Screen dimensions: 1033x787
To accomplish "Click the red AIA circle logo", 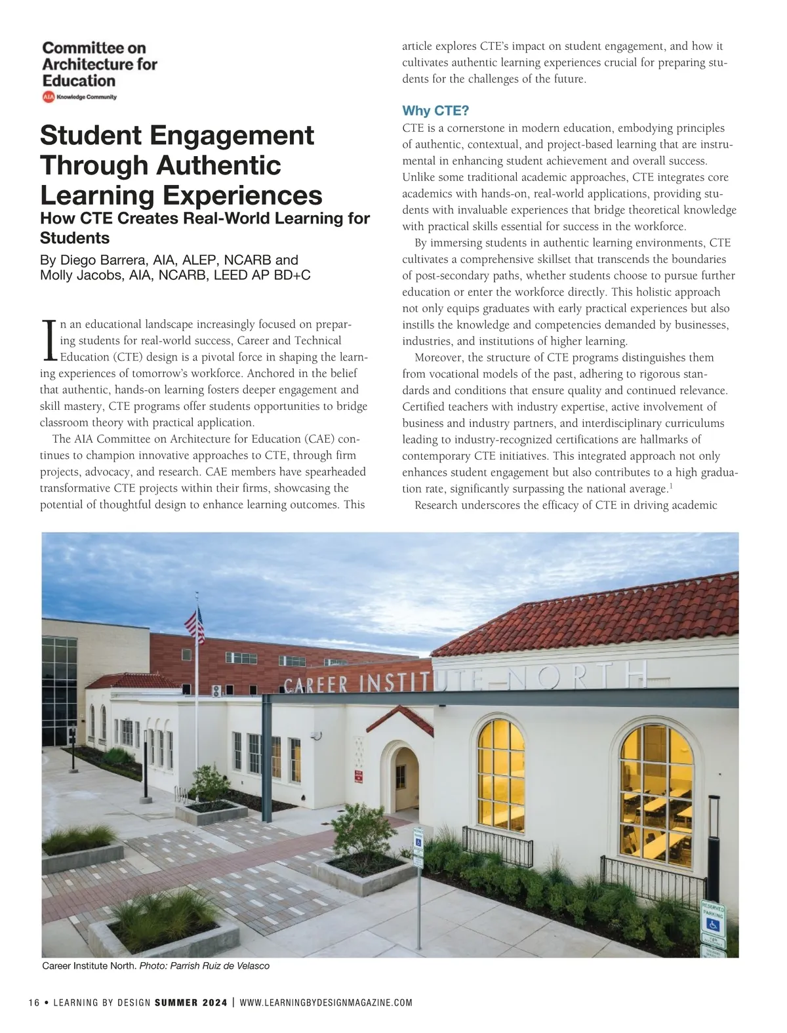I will [48, 97].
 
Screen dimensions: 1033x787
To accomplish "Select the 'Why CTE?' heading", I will [435, 110].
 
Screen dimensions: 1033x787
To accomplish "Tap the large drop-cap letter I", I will [49, 340].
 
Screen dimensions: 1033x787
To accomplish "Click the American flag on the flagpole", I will [195, 626].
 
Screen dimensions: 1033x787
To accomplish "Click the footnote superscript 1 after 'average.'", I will [670, 486].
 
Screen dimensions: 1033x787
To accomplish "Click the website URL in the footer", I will [326, 1003].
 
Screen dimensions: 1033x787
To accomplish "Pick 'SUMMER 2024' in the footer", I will [191, 1003].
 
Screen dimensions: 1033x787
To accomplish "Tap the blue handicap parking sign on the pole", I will [418, 840].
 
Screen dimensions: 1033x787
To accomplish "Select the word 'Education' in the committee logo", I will [79, 81].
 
